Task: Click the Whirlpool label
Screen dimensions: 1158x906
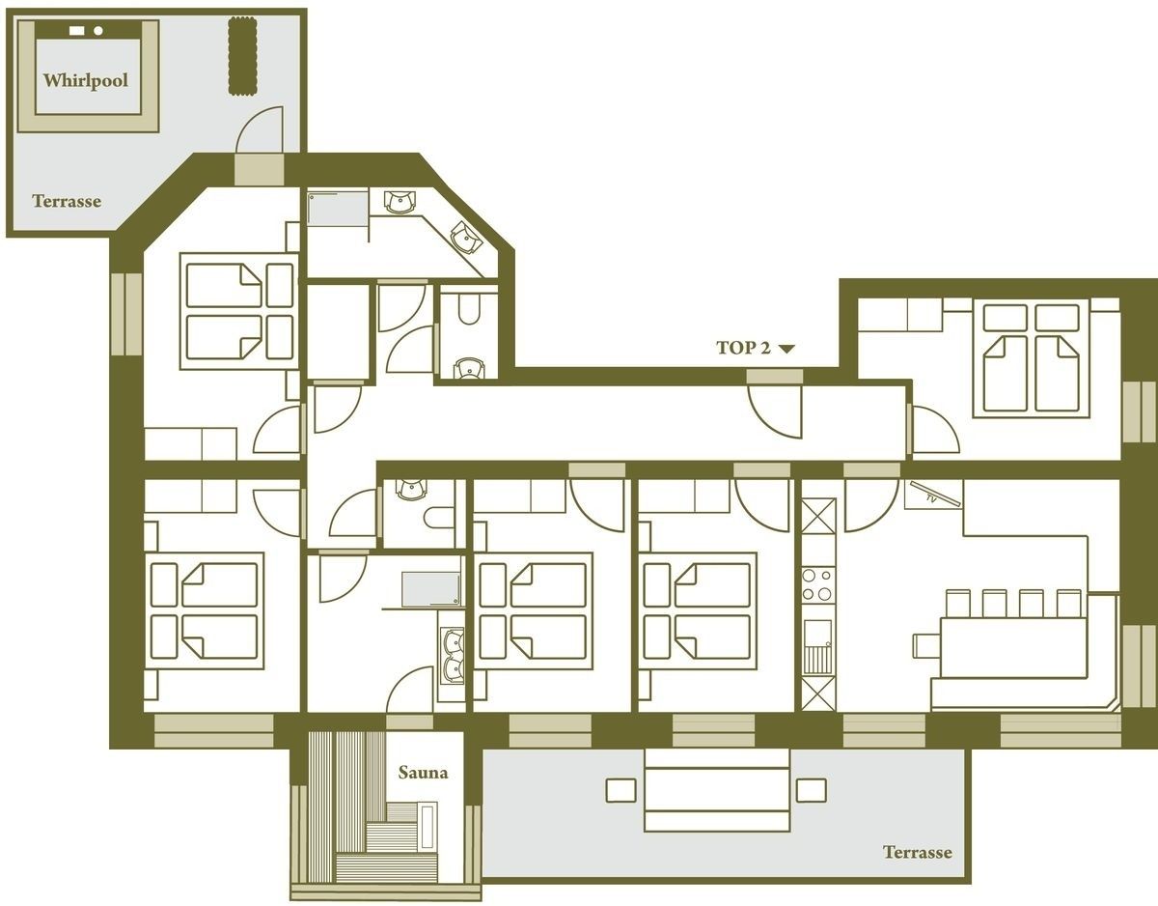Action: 86,80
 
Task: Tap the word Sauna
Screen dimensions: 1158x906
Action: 423,773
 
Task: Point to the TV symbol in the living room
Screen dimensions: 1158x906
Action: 934,495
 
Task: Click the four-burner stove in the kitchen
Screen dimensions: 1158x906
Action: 818,585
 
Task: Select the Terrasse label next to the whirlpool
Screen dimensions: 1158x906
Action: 67,201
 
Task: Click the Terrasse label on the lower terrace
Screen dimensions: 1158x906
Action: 917,853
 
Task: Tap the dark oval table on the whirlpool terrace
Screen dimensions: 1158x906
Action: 242,55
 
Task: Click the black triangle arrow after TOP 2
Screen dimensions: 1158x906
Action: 786,349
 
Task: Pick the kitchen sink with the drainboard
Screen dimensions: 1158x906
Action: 818,646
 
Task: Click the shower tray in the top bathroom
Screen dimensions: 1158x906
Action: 338,209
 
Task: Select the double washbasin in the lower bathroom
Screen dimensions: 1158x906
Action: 453,656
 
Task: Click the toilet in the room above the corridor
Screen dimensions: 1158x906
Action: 469,309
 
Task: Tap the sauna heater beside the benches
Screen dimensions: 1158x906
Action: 427,828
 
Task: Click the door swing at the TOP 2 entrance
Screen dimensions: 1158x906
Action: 775,411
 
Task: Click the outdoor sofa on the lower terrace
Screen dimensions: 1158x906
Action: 717,790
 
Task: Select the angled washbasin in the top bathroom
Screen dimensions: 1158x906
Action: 465,238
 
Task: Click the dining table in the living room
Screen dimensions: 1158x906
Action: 1013,648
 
